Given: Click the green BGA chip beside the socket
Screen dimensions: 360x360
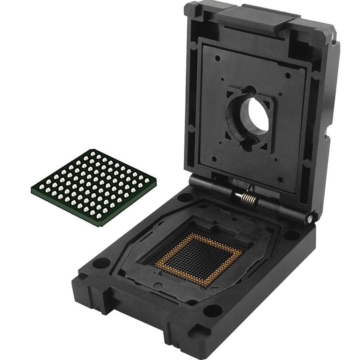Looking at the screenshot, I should tap(94, 186).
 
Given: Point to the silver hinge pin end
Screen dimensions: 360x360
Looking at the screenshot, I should tap(309, 218).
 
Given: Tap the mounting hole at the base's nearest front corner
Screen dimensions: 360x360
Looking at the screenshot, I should tap(213, 310).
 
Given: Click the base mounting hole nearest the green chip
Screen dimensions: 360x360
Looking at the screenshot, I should tap(101, 263).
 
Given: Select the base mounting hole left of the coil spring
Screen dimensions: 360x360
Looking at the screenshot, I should tap(185, 197).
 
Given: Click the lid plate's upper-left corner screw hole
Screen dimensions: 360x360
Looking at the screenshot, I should tap(218, 58).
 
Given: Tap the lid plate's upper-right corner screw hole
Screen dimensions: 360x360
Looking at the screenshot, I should tap(287, 75).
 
